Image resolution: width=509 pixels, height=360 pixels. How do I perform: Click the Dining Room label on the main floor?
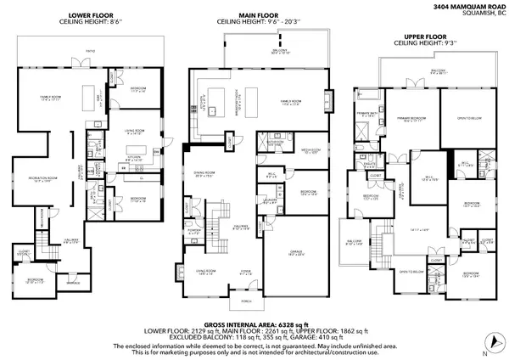pyautogui.click(x=204, y=176)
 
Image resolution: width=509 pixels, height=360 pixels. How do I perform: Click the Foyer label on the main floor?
pyautogui.click(x=246, y=273)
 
